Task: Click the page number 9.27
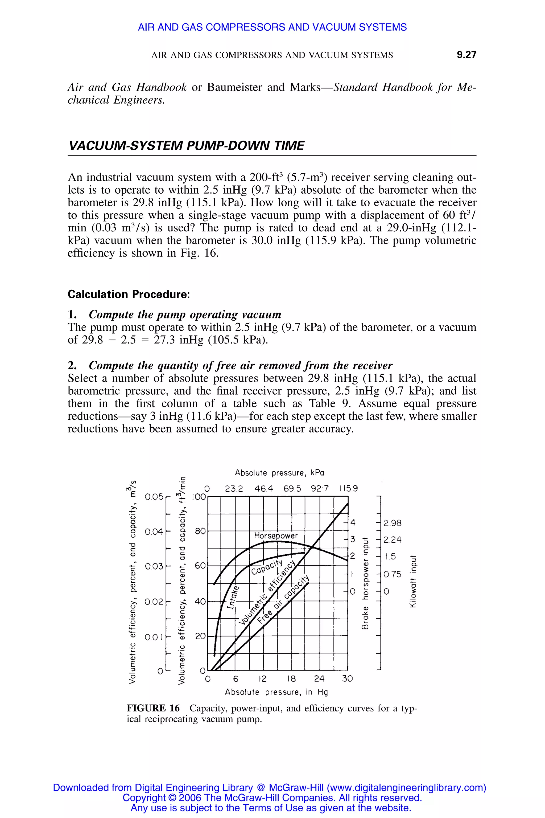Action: pyautogui.click(x=466, y=55)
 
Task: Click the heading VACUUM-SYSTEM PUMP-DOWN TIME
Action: pyautogui.click(x=186, y=145)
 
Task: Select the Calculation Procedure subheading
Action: pyautogui.click(x=129, y=294)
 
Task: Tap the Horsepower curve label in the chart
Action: pyautogui.click(x=276, y=535)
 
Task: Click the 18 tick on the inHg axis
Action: pyautogui.click(x=291, y=678)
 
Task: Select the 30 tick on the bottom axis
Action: pyautogui.click(x=347, y=678)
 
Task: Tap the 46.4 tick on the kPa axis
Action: pyautogui.click(x=264, y=489)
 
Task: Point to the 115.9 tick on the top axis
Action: pyautogui.click(x=348, y=489)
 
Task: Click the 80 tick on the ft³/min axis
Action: pyautogui.click(x=200, y=531)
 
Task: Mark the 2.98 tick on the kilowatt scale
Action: pyautogui.click(x=393, y=523)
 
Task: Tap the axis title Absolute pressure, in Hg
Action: pyautogui.click(x=276, y=692)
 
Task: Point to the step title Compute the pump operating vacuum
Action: pyautogui.click(x=185, y=314)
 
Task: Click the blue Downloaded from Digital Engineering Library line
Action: pyautogui.click(x=269, y=788)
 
